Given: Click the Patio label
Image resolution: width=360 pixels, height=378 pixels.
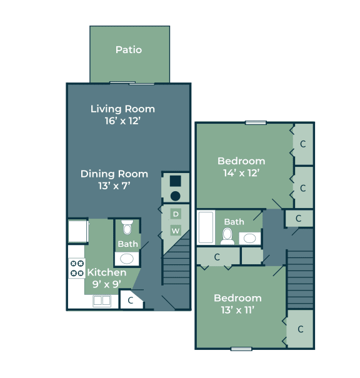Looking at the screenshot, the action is coord(129,50).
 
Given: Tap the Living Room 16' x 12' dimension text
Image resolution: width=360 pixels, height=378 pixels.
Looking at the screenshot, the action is coord(122,121).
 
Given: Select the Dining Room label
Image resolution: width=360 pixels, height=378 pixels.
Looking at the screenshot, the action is coord(114,174).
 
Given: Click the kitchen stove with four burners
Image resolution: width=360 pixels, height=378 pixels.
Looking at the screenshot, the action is coord(77,268).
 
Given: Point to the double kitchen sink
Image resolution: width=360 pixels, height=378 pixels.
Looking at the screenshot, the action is coord(102,301).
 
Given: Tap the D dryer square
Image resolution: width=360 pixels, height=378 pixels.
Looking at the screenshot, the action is coord(176,214).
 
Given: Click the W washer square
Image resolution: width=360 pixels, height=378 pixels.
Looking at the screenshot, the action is coord(176,231).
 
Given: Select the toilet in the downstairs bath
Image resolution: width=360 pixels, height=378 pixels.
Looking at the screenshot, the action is coord(127,227).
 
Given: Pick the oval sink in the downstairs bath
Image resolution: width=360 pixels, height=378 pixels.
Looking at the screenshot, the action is coord(127,259).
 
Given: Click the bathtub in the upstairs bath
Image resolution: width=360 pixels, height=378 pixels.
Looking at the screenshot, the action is coord(206,227).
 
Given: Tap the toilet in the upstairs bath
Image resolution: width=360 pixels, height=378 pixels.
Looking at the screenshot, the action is coord(227,237).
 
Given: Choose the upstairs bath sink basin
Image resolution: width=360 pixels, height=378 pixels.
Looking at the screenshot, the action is coord(249,239).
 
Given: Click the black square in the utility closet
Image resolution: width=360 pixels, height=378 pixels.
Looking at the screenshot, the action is coord(175,181).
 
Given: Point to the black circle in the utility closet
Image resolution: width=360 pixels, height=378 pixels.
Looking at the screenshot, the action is coord(175,196).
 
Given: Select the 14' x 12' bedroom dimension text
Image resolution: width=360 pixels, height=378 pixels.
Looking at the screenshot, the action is coord(241,173).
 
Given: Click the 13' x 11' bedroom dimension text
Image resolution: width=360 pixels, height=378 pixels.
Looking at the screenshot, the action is coord(237,310).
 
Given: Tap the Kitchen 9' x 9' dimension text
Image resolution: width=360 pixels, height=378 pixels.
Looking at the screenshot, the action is coord(107,284).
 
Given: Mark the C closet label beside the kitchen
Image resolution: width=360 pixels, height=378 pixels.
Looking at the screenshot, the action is coord(131,301).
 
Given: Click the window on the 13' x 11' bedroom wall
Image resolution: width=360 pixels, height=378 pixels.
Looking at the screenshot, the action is coord(241,349).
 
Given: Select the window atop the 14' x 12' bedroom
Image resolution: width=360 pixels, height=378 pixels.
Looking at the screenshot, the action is coord(256,122).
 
